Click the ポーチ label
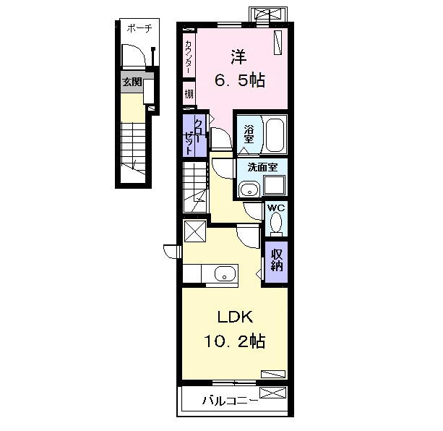point(139,28)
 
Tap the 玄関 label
point(132,82)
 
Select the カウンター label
point(189,56)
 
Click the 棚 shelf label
point(189,94)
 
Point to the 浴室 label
point(249,134)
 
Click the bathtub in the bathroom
point(275,135)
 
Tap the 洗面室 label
point(262,167)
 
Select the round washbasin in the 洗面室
point(249,189)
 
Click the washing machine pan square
point(274,185)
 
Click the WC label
point(276,208)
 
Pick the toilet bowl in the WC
point(276,223)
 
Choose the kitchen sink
point(225,273)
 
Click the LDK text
point(235,317)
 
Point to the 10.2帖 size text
point(234,341)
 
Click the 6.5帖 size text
point(240,80)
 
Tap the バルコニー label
point(230,401)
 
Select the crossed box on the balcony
point(272,393)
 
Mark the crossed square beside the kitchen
point(195,231)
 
